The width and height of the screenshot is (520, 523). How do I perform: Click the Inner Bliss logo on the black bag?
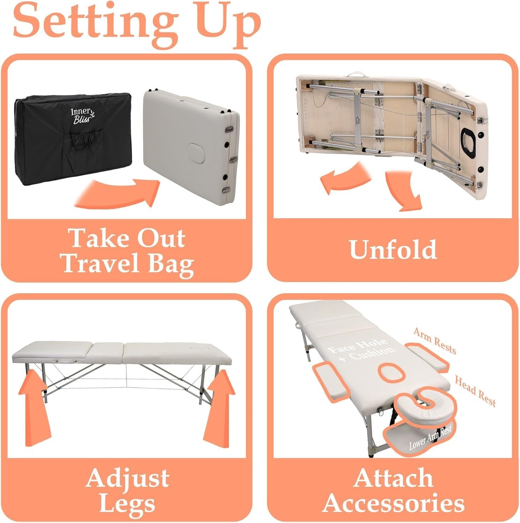coord(80,114)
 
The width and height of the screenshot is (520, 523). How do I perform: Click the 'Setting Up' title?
coord(137,22)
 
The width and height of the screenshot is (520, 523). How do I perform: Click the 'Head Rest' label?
coord(475,391)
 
